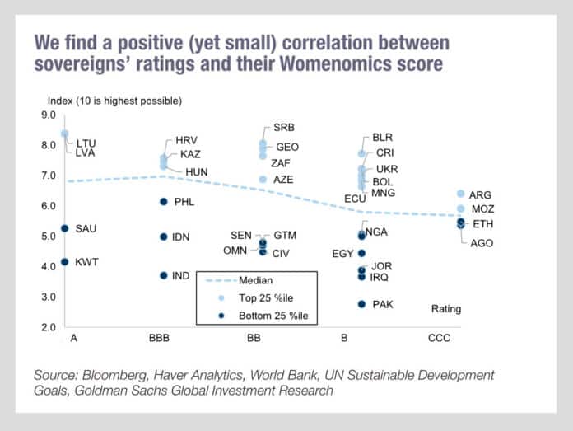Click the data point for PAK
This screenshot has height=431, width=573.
tap(361, 304)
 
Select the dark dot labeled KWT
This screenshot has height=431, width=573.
tap(65, 262)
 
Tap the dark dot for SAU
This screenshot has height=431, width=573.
tap(65, 228)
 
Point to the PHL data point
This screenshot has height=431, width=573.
tap(163, 202)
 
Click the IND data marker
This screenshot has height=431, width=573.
tap(163, 275)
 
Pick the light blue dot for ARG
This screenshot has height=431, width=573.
tap(461, 194)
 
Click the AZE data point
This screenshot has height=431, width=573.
tap(263, 179)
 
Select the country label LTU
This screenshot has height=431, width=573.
tap(86, 143)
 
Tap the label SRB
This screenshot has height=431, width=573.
tap(284, 127)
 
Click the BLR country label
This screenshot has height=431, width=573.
tap(383, 138)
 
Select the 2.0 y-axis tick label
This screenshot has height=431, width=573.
tap(47, 328)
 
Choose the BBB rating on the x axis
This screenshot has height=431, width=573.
tap(163, 339)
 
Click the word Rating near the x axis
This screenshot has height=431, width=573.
tap(447, 309)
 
